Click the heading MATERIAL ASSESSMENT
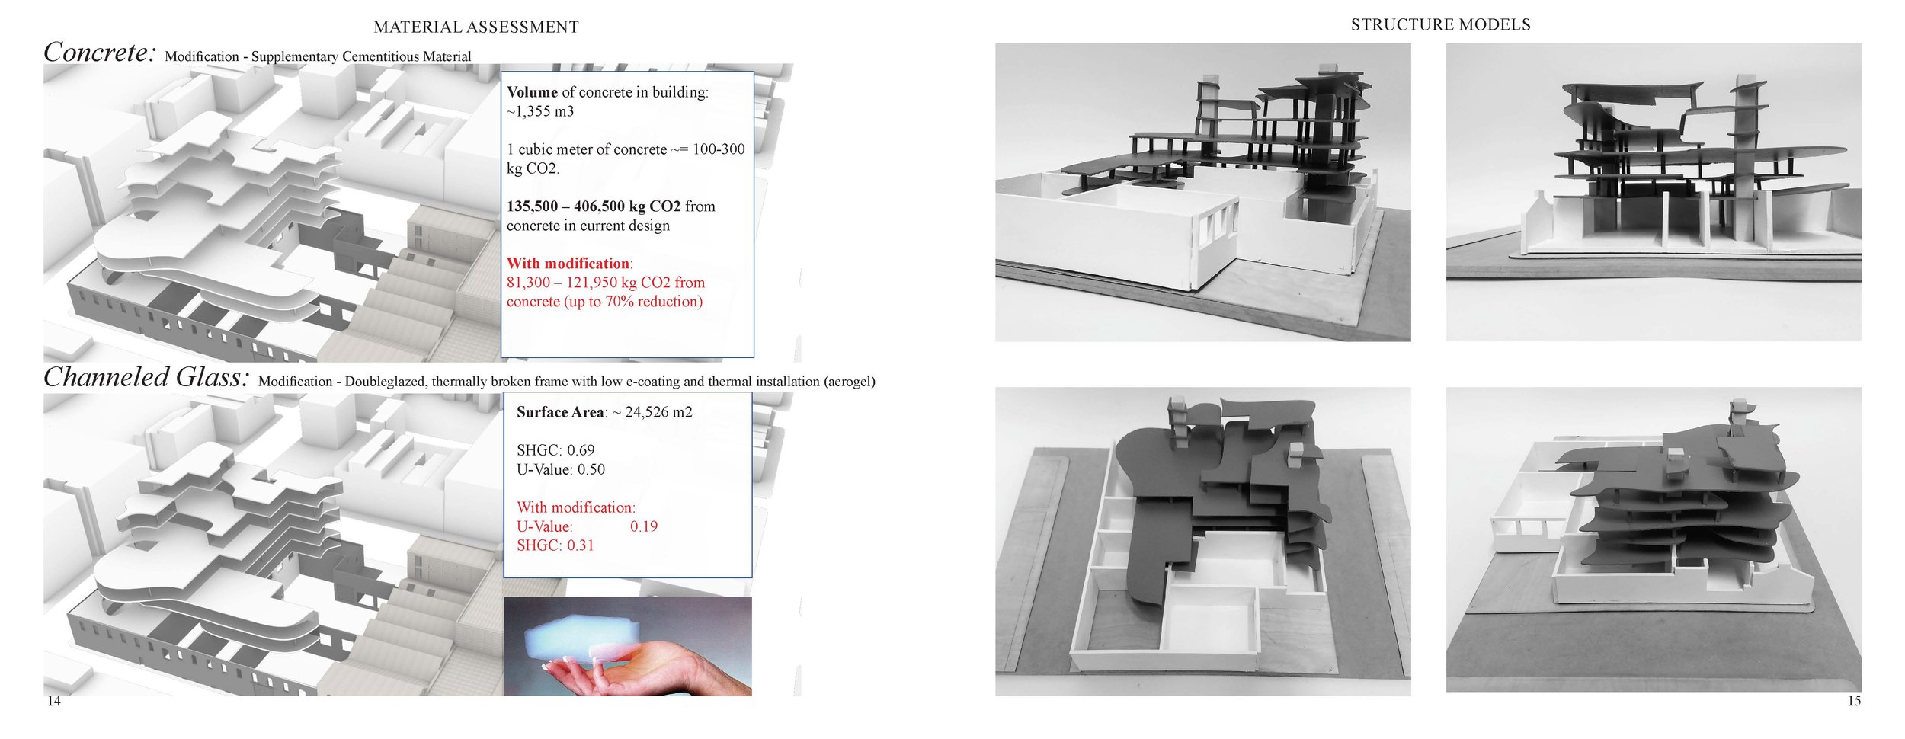(x=475, y=27)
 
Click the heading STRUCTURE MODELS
(x=1440, y=25)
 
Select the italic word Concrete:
(x=100, y=53)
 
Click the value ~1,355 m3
(x=540, y=111)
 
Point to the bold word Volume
(x=532, y=92)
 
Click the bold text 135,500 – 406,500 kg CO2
(x=594, y=206)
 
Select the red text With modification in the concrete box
(x=568, y=264)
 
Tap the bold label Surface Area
(x=559, y=412)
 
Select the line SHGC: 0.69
(x=555, y=450)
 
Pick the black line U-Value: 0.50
(x=560, y=469)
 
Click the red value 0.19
(x=643, y=526)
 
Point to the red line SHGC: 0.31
(x=555, y=545)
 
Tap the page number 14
(x=53, y=701)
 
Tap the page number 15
(x=1854, y=701)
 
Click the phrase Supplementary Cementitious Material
(x=361, y=57)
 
